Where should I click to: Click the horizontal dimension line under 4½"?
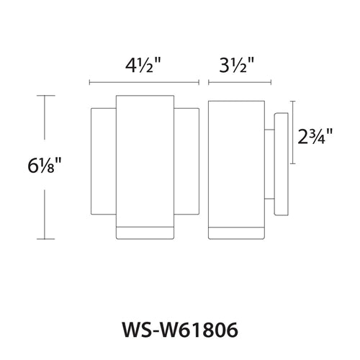(144, 81)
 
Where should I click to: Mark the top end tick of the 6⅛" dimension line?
(46, 96)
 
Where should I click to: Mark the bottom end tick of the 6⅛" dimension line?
(46, 238)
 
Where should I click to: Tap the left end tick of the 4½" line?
(89, 81)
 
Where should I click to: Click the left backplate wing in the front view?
(103, 166)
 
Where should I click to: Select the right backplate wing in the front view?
(186, 166)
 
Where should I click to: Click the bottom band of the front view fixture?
(144, 232)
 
